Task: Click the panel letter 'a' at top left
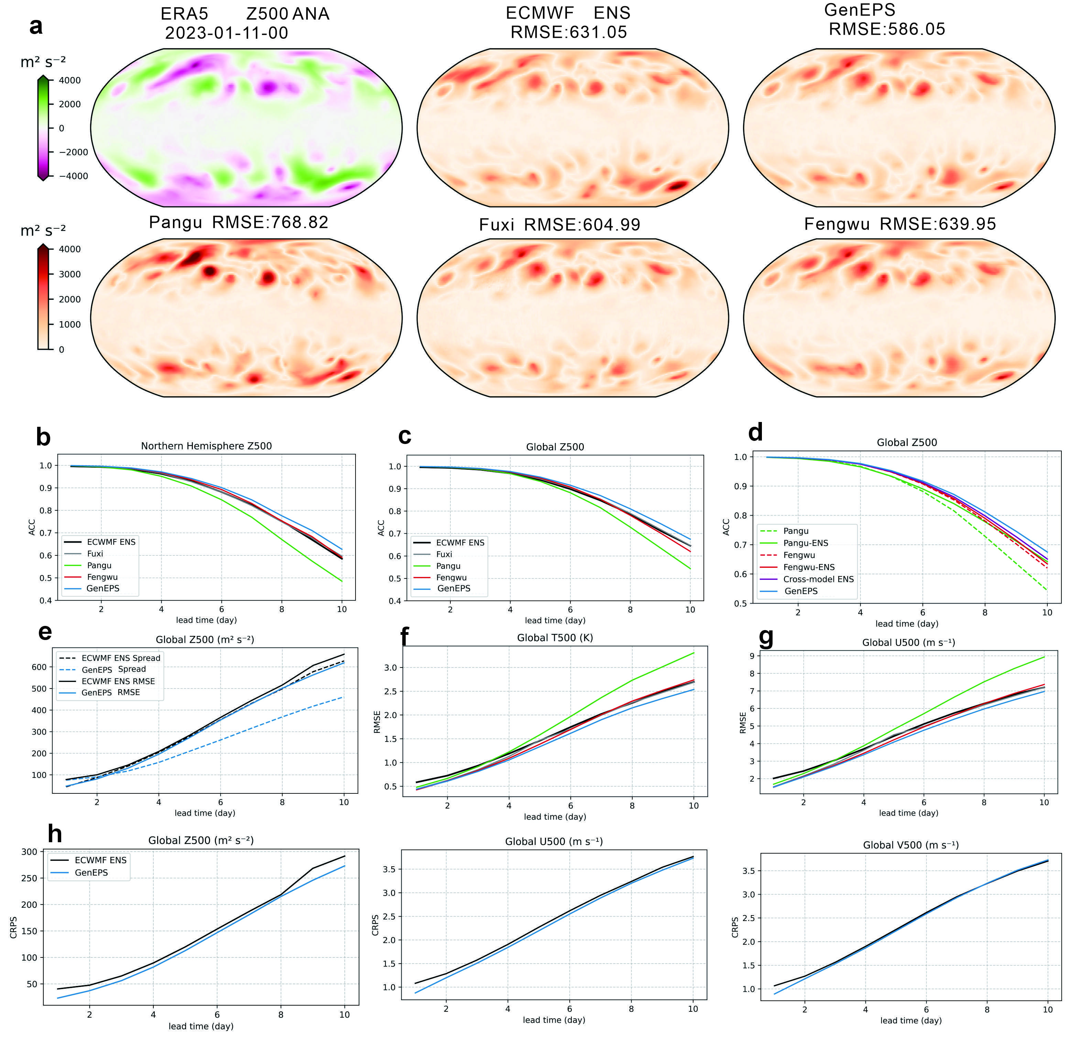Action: click(x=36, y=26)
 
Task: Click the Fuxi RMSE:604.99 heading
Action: click(x=559, y=225)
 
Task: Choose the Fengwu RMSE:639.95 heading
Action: click(x=900, y=224)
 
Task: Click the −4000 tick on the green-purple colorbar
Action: click(x=73, y=176)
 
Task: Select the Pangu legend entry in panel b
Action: click(x=99, y=565)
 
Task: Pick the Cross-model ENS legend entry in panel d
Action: click(x=818, y=579)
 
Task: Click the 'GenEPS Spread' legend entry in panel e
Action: click(x=114, y=669)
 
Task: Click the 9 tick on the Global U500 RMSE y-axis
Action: click(x=752, y=656)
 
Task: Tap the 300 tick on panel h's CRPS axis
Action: click(x=30, y=852)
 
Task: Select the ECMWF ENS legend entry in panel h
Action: click(x=101, y=860)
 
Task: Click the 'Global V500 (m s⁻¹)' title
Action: click(x=910, y=845)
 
